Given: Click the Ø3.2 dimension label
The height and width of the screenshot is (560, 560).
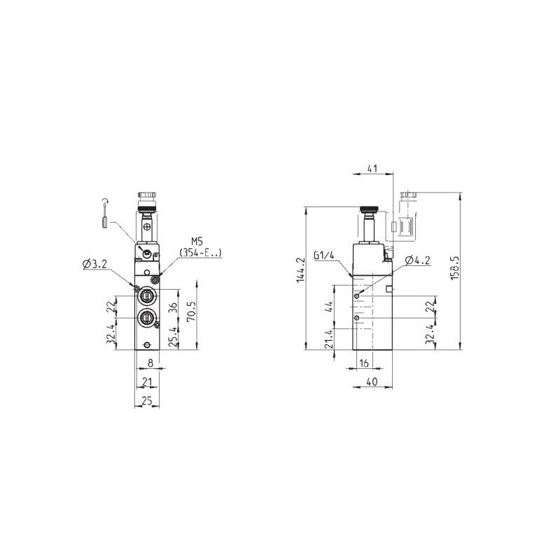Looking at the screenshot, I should click(94, 264).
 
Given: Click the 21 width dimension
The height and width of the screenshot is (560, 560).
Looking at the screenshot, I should click(147, 382).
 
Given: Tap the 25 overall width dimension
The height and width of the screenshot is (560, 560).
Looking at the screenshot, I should click(147, 401).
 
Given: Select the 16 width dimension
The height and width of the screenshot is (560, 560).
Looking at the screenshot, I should click(363, 363).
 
